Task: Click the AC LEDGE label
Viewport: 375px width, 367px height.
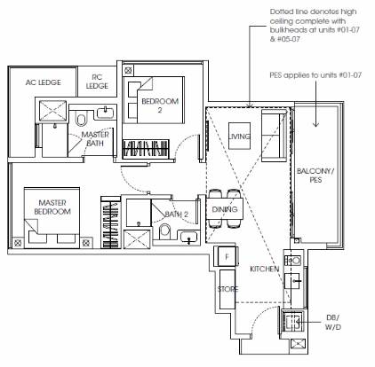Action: (44, 82)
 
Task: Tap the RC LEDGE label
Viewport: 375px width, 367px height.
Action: (97, 82)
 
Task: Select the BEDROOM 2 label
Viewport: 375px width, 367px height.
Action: (160, 105)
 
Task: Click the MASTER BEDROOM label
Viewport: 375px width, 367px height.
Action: (52, 207)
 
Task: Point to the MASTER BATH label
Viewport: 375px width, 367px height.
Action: (95, 139)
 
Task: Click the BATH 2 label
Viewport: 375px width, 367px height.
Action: (177, 215)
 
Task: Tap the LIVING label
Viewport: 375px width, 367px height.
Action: (239, 137)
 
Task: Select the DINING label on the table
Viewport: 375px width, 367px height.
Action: (225, 209)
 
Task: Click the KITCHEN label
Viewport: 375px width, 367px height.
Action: (265, 269)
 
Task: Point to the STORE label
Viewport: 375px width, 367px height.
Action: (227, 289)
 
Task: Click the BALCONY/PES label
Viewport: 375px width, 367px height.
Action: (315, 176)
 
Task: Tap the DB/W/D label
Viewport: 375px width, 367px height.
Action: (333, 323)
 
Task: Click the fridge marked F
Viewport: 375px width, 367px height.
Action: (227, 256)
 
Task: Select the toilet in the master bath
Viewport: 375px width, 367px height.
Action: (81, 118)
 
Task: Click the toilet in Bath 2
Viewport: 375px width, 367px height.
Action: (165, 232)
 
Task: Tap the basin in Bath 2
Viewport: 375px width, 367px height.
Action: (189, 238)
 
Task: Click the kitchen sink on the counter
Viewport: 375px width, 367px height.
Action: (292, 281)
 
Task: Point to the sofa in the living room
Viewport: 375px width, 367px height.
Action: (274, 136)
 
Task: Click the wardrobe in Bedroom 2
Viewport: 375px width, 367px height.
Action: (146, 148)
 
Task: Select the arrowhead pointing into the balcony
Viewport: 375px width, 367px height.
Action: (315, 124)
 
